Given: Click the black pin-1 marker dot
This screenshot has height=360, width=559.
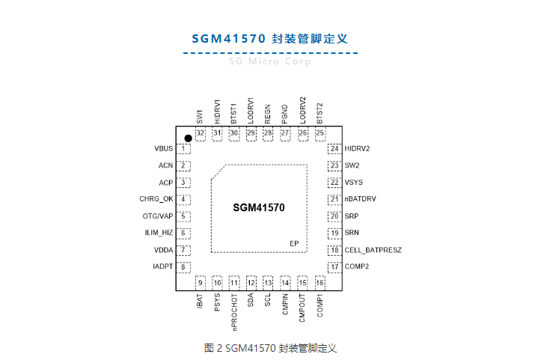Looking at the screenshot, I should [x=189, y=138].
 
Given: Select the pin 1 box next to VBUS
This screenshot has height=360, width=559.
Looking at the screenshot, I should [x=183, y=149].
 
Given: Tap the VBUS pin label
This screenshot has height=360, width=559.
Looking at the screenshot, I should [x=163, y=149].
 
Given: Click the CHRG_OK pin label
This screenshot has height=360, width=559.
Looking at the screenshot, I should [x=156, y=199].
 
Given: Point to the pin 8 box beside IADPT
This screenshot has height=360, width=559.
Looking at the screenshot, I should [x=183, y=266].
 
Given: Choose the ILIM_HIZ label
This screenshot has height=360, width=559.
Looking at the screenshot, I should [x=159, y=233].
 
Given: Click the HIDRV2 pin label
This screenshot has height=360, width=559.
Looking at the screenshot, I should [x=357, y=149].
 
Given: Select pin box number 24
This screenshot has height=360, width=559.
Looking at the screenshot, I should [x=334, y=149].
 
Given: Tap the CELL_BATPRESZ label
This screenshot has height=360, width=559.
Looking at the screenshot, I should [x=373, y=250].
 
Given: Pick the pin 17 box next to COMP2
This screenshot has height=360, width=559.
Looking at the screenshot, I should [x=334, y=266].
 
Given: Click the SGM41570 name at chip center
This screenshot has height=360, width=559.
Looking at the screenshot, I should [x=258, y=207].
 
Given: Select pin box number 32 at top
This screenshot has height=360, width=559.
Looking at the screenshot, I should [x=200, y=133].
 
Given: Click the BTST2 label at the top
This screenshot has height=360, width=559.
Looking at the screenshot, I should [x=320, y=112].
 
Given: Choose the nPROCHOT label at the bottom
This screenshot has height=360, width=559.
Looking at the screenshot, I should [x=234, y=313].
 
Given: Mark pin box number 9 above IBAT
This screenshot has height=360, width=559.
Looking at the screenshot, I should [x=200, y=282].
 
